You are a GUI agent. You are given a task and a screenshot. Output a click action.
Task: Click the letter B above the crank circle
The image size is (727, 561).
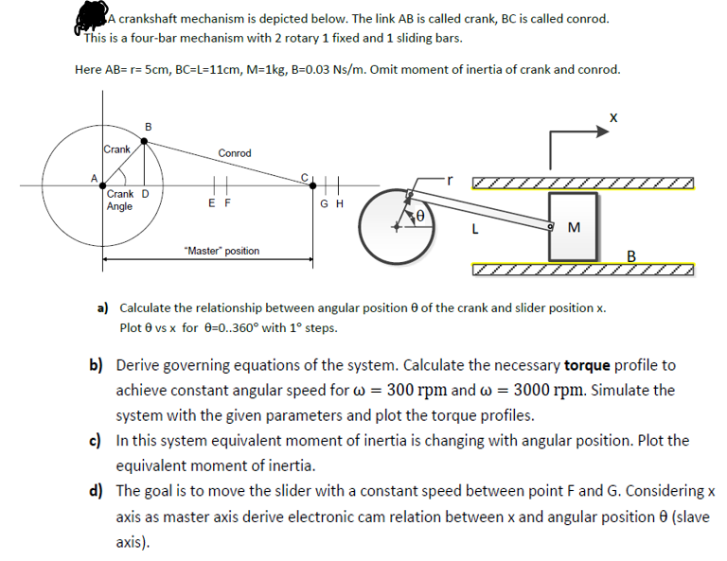coord(147,128)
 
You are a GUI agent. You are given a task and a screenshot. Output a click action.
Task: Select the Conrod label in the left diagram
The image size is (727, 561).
coord(234,153)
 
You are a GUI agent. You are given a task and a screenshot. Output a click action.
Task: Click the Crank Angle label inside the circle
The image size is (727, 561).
coord(120,201)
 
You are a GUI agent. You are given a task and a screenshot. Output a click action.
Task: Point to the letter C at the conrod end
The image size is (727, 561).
coord(303,177)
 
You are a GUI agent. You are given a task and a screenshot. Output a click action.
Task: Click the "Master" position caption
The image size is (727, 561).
coord(222,251)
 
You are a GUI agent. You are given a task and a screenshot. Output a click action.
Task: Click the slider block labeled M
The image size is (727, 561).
coord(573,227)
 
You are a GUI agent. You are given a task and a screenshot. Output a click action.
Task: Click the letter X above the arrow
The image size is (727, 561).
coord(613,118)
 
